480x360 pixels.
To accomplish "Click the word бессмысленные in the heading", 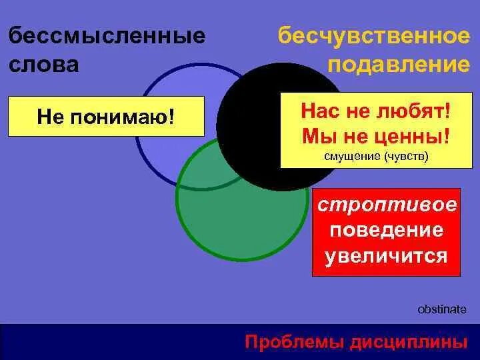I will pos(107,35).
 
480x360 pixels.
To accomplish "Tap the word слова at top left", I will pos(43,64).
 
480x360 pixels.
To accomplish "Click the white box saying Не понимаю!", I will pos(105,117).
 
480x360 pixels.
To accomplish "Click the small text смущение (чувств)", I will pos(375,157).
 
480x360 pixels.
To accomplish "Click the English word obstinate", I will pos(441,310).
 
